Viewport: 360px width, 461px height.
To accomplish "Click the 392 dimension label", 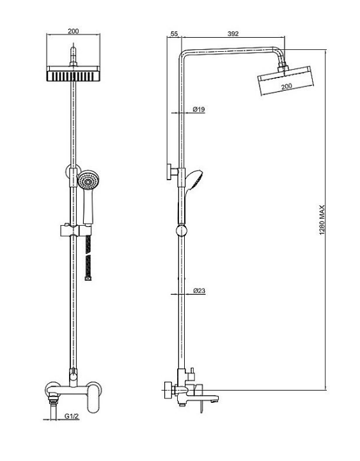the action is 233,34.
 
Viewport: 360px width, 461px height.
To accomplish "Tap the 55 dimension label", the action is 174,34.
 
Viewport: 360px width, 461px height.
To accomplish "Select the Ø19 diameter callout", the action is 199,109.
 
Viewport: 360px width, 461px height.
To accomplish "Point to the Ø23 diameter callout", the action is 199,291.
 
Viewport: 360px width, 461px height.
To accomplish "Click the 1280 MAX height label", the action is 322,220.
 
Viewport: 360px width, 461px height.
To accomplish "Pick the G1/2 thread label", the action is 72,416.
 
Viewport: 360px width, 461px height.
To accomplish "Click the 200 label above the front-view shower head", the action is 74,31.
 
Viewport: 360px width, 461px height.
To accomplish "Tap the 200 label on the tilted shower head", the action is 286,86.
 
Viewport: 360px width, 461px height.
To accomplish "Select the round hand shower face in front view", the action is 88,180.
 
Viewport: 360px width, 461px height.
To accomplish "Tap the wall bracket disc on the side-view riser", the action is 169,172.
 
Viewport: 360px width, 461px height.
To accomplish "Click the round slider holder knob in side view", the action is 182,231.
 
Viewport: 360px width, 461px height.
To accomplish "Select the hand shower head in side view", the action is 194,180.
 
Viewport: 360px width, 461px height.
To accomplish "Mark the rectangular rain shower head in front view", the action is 74,74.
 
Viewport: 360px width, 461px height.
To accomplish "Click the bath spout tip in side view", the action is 217,398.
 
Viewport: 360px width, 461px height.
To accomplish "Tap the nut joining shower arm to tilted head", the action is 283,67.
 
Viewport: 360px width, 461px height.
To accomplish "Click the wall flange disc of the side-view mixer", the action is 168,390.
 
